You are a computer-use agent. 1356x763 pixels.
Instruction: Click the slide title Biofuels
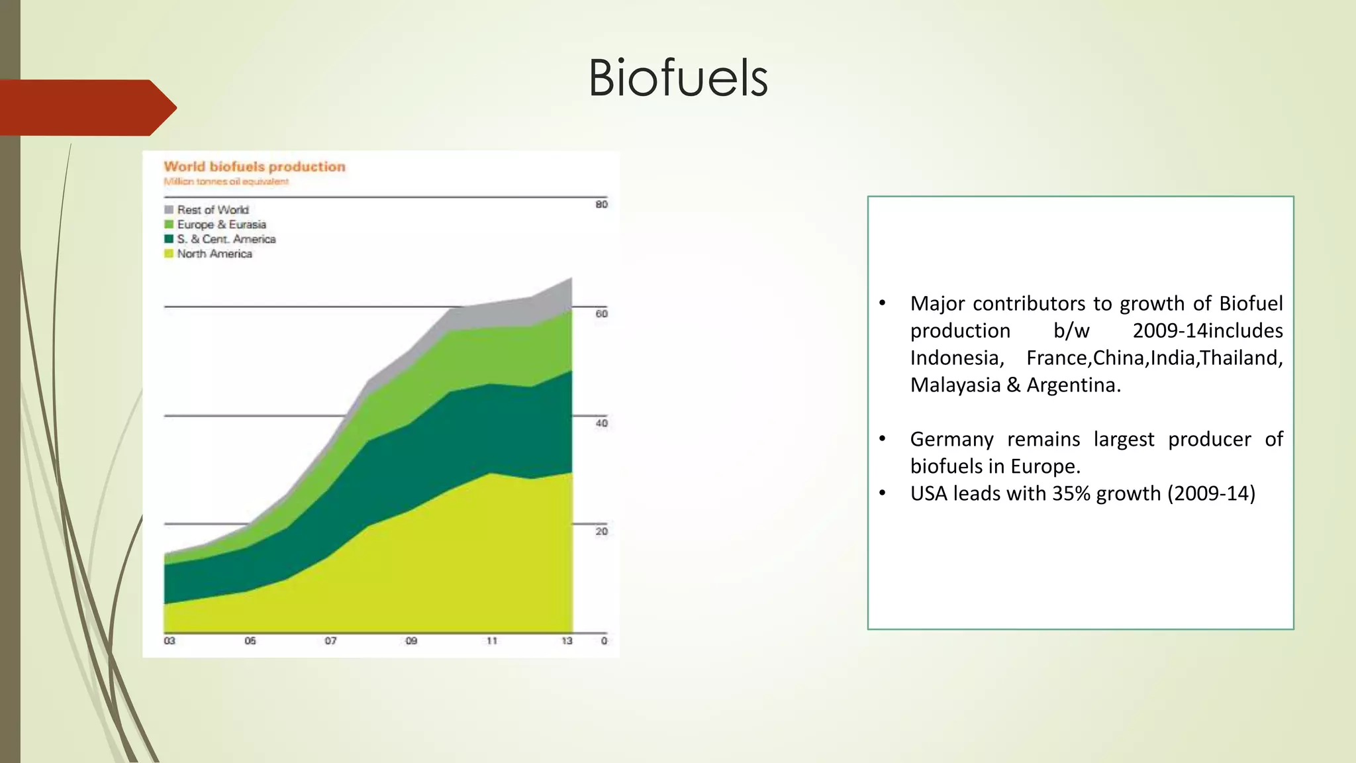click(677, 78)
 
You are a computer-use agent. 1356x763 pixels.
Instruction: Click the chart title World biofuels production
click(254, 167)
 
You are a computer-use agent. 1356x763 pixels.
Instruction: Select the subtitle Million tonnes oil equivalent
click(226, 181)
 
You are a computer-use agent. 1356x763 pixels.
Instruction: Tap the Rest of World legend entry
click(212, 210)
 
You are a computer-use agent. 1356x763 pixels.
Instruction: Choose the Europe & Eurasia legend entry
click(220, 225)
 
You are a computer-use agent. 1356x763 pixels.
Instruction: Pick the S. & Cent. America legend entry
click(225, 239)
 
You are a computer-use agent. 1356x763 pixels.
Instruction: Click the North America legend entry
click(214, 254)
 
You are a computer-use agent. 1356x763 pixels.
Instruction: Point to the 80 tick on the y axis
click(601, 205)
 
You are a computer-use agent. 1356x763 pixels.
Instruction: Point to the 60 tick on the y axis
click(601, 314)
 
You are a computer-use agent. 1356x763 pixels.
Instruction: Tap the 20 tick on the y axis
click(601, 532)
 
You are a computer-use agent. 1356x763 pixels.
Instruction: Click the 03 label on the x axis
click(169, 641)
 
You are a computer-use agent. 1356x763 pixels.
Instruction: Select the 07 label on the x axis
click(330, 641)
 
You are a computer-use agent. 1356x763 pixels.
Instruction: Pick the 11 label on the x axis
click(491, 641)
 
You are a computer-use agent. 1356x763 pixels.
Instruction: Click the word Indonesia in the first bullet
click(954, 358)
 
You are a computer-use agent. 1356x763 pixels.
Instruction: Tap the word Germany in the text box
click(951, 440)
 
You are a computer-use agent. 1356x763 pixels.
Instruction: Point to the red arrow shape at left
click(86, 107)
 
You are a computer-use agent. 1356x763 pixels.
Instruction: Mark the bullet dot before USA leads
click(882, 494)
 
